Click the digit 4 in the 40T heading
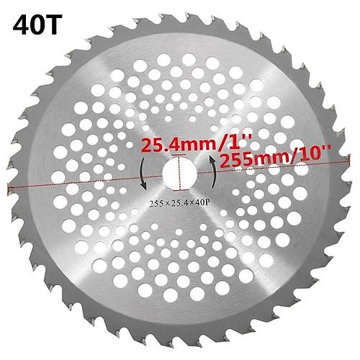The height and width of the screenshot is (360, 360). click(x=21, y=24)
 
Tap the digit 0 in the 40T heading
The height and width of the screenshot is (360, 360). click(x=38, y=24)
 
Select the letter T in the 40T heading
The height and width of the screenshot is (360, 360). click(x=54, y=24)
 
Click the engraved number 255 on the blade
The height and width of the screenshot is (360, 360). click(x=156, y=204)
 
